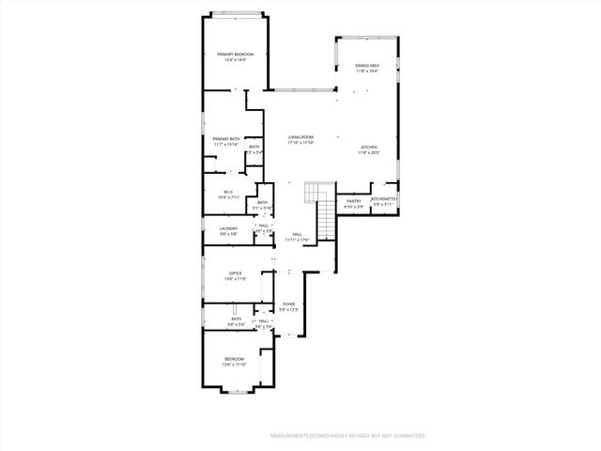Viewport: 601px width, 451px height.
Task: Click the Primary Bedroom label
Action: pyautogui.click(x=236, y=54)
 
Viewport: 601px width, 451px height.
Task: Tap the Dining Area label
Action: pyautogui.click(x=367, y=65)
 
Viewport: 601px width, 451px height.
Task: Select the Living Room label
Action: pyautogui.click(x=300, y=137)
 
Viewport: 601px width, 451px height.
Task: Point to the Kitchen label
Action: pyautogui.click(x=369, y=148)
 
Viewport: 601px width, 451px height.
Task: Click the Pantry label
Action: pyautogui.click(x=354, y=200)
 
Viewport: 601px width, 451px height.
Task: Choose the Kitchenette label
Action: pyautogui.click(x=384, y=199)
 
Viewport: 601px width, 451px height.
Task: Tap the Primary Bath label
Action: pyautogui.click(x=226, y=139)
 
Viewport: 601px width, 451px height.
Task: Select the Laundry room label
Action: pyautogui.click(x=228, y=228)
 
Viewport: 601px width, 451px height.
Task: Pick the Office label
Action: pyautogui.click(x=236, y=273)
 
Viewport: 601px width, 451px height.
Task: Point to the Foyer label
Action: pyautogui.click(x=289, y=304)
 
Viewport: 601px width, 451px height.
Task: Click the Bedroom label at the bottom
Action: pyautogui.click(x=235, y=359)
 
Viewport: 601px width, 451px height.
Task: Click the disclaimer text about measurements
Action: pyautogui.click(x=347, y=436)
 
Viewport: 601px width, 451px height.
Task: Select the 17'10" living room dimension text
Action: pyautogui.click(x=300, y=143)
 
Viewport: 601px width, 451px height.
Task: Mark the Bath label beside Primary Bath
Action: pyautogui.click(x=254, y=148)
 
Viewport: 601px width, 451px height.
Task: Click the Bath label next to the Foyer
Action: pyautogui.click(x=237, y=319)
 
